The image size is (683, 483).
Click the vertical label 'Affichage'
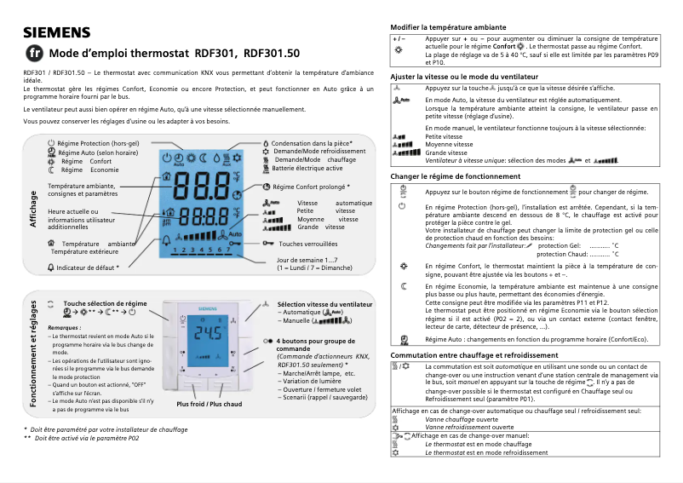[x=33, y=209]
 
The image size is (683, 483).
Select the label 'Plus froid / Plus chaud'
[x=209, y=404]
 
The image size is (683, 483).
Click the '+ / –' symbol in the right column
[x=399, y=39]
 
